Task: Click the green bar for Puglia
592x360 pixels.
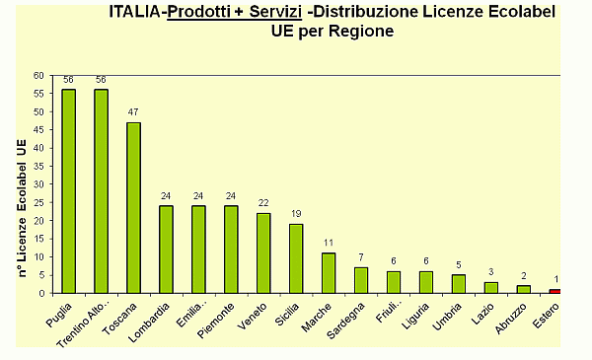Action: coord(68,191)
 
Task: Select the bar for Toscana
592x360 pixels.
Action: coord(133,207)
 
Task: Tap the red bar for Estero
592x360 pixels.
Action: coord(555,291)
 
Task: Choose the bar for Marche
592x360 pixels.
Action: coord(328,273)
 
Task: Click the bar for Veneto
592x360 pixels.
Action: coord(263,252)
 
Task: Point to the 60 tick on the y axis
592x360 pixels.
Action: coord(38,75)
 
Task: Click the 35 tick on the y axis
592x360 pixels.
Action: coord(38,166)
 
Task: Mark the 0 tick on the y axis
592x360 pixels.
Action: coord(41,293)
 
